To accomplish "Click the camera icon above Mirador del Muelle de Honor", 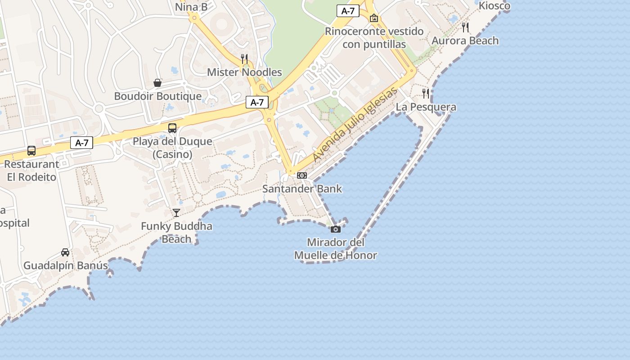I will click(x=335, y=229).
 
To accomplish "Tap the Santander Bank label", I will click(x=302, y=189).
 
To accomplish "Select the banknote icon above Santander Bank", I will click(x=302, y=175).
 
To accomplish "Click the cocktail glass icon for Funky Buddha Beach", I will click(x=176, y=213).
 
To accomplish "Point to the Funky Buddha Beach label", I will click(x=176, y=232).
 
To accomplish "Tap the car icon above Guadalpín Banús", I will click(x=65, y=252).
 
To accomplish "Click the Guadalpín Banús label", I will click(x=66, y=265).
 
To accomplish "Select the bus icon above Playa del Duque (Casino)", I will click(x=172, y=128).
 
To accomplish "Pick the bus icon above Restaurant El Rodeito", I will click(x=31, y=151).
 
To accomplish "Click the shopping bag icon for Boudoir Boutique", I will click(x=157, y=83).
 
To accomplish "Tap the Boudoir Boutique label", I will click(x=157, y=96).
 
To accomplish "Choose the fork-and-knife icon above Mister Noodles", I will click(x=244, y=59).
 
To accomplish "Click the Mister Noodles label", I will click(x=244, y=72).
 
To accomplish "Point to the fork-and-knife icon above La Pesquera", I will click(x=426, y=94).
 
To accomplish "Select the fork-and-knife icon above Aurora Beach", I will click(x=465, y=27).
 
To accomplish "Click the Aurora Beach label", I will click(x=465, y=41).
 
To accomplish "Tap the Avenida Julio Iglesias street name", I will click(x=355, y=125).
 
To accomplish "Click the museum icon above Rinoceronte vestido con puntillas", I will click(x=373, y=18).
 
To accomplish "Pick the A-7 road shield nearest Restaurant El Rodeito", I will click(x=81, y=143).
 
